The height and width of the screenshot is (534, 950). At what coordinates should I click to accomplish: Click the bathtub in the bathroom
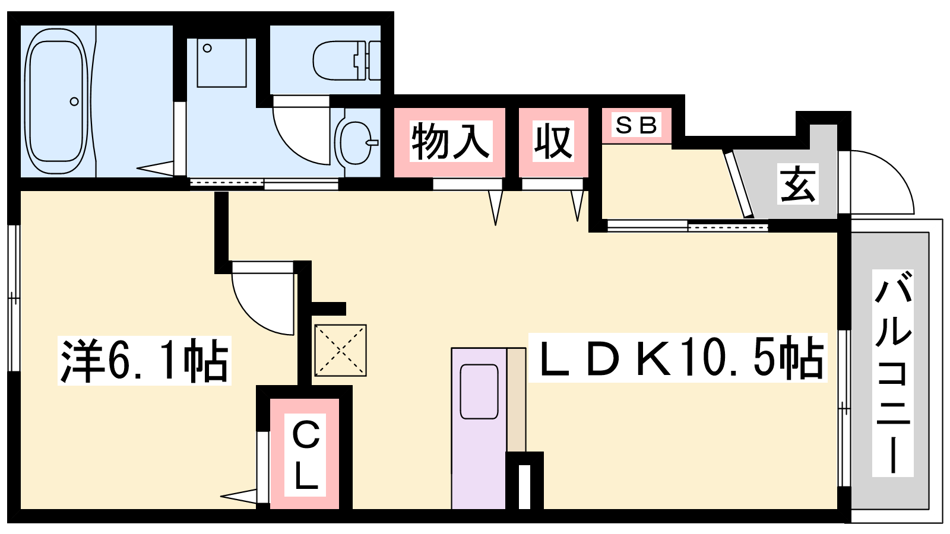click(x=56, y=101)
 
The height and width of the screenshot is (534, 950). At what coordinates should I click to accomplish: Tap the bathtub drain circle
click(x=74, y=101)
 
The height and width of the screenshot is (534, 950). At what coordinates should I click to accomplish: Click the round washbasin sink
click(x=357, y=142)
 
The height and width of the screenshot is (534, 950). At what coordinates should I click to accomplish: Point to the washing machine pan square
click(x=222, y=63)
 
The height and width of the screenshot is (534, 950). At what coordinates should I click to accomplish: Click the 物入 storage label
click(x=451, y=141)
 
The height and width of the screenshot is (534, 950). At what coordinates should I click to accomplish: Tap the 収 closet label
click(x=553, y=141)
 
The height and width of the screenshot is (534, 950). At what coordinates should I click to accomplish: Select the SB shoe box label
click(x=636, y=125)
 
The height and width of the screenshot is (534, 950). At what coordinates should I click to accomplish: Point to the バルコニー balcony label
click(x=892, y=373)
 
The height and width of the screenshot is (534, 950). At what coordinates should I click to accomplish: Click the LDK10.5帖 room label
click(x=677, y=357)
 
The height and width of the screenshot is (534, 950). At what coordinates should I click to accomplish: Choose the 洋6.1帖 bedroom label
click(x=144, y=360)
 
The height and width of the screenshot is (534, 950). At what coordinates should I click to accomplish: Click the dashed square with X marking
click(x=341, y=351)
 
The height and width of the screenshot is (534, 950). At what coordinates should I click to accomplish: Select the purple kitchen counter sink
click(x=479, y=428)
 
